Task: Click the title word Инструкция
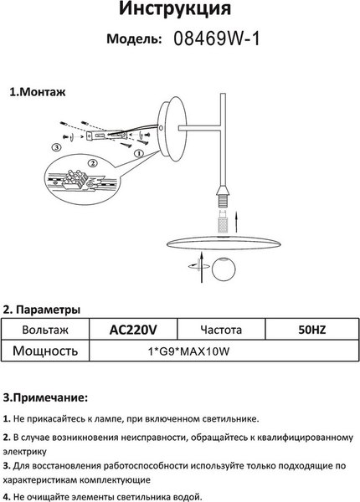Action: point(175,8)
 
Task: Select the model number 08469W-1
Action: point(217,39)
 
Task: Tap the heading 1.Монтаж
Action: point(38,92)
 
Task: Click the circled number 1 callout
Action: point(138,153)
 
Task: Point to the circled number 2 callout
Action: point(93,163)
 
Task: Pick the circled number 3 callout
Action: point(56,147)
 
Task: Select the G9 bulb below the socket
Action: point(223,222)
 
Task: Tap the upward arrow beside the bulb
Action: point(236,221)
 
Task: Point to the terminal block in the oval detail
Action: point(75,181)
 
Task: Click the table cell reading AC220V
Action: point(133,330)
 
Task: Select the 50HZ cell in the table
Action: point(312,330)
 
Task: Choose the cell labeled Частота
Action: point(221,330)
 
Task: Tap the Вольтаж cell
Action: point(45,330)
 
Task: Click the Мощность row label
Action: point(45,351)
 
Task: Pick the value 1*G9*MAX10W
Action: point(189,351)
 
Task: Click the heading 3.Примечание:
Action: point(45,398)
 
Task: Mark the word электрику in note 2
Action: point(24,452)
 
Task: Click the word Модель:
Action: point(134,39)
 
